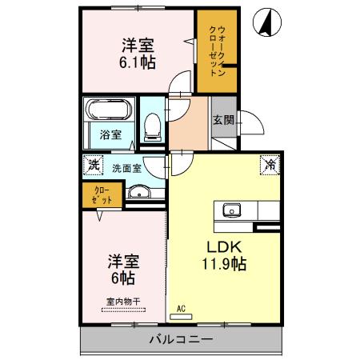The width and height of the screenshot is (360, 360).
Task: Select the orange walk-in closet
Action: (216, 54)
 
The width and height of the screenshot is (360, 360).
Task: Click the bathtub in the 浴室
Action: (110, 110)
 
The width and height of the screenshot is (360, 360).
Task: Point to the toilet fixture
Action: (152, 125)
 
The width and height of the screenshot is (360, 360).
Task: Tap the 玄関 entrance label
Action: (223, 121)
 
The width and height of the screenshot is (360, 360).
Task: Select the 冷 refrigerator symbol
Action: (269, 166)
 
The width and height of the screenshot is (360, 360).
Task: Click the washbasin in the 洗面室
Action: (142, 192)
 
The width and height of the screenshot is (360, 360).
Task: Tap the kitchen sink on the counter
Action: (232, 210)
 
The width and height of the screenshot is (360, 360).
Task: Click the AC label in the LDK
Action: (180, 307)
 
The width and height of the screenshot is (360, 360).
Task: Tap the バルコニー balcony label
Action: (180, 340)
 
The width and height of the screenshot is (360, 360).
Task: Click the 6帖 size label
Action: (122, 278)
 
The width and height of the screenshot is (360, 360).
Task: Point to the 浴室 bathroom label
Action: (110, 134)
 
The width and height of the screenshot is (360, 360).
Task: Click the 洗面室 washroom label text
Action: (126, 169)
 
